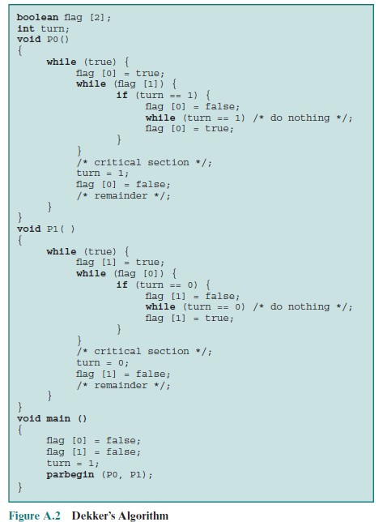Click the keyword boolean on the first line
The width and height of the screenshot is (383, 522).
pyautogui.click(x=37, y=17)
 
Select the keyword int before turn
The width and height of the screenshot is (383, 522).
pyautogui.click(x=26, y=28)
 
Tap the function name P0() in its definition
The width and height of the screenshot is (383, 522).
pyautogui.click(x=57, y=39)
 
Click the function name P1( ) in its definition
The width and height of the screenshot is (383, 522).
pyautogui.click(x=61, y=229)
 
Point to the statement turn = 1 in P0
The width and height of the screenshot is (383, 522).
pyautogui.click(x=102, y=173)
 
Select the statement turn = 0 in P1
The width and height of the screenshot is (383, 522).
pyautogui.click(x=102, y=363)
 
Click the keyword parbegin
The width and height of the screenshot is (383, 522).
pyautogui.click(x=70, y=474)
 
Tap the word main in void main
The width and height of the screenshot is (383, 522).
pyautogui.click(x=58, y=418)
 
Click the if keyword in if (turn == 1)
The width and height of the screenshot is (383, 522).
pyautogui.click(x=122, y=95)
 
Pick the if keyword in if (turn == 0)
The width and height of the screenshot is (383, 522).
pyautogui.click(x=122, y=285)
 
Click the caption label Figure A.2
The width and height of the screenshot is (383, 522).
pyautogui.click(x=35, y=516)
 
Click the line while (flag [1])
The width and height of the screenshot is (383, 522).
pyautogui.click(x=126, y=84)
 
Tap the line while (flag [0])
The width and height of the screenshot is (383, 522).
pyautogui.click(x=126, y=274)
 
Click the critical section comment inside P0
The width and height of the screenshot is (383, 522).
pyautogui.click(x=144, y=162)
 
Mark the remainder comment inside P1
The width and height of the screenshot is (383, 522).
pyautogui.click(x=123, y=386)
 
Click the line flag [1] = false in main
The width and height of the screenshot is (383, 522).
pyautogui.click(x=93, y=452)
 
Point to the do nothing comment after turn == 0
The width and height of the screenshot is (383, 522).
pyautogui.click(x=303, y=307)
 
